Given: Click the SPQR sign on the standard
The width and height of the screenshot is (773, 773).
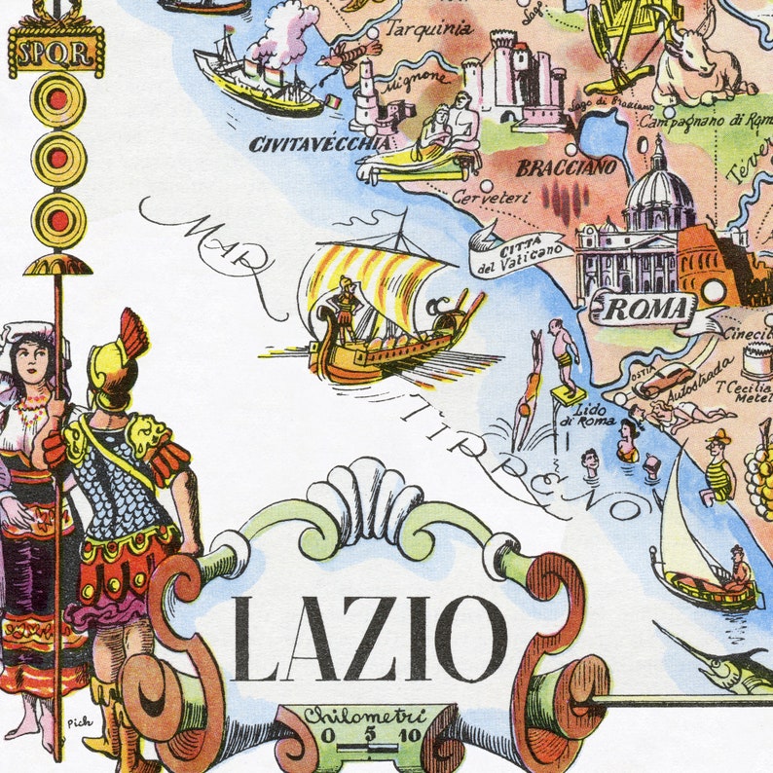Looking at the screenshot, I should click(x=55, y=50).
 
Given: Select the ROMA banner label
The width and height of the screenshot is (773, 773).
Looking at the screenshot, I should click(x=644, y=311).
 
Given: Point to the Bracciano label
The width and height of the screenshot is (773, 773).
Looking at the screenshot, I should click(x=566, y=167).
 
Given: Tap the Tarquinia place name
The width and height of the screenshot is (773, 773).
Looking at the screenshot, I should click(x=429, y=29).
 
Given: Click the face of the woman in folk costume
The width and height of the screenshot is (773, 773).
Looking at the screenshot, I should click(x=32, y=360).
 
